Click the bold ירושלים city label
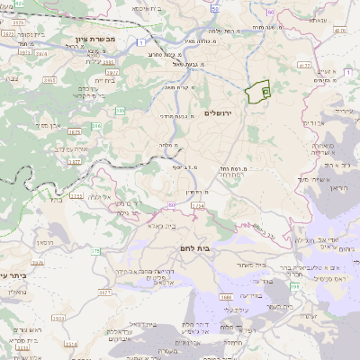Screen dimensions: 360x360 [x=219, y=113]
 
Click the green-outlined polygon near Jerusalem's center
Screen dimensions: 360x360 [x=258, y=92]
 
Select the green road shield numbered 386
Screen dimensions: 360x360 [x=121, y=112]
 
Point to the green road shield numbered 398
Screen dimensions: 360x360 [x=293, y=285]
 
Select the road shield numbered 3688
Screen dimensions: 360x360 [x=226, y=296]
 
